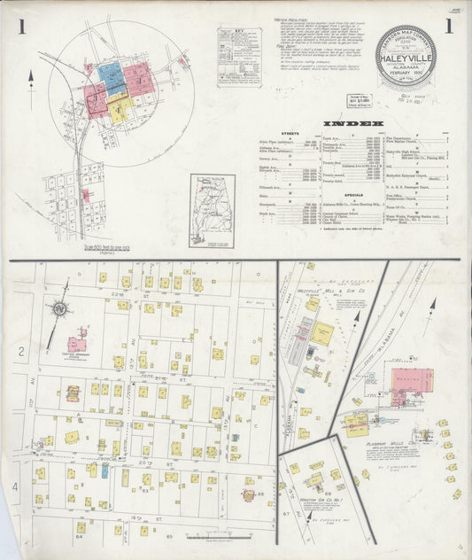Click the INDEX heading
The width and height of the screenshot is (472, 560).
pos(353,122)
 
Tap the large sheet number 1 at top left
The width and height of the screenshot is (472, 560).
pos(20,27)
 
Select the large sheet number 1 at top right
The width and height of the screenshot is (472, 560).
pos(449,27)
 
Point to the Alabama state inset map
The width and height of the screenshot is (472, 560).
pos(212,209)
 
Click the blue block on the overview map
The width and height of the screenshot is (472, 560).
pos(111,76)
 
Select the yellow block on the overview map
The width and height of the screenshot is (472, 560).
pos(121,107)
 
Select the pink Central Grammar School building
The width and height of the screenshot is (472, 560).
pos(78,343)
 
